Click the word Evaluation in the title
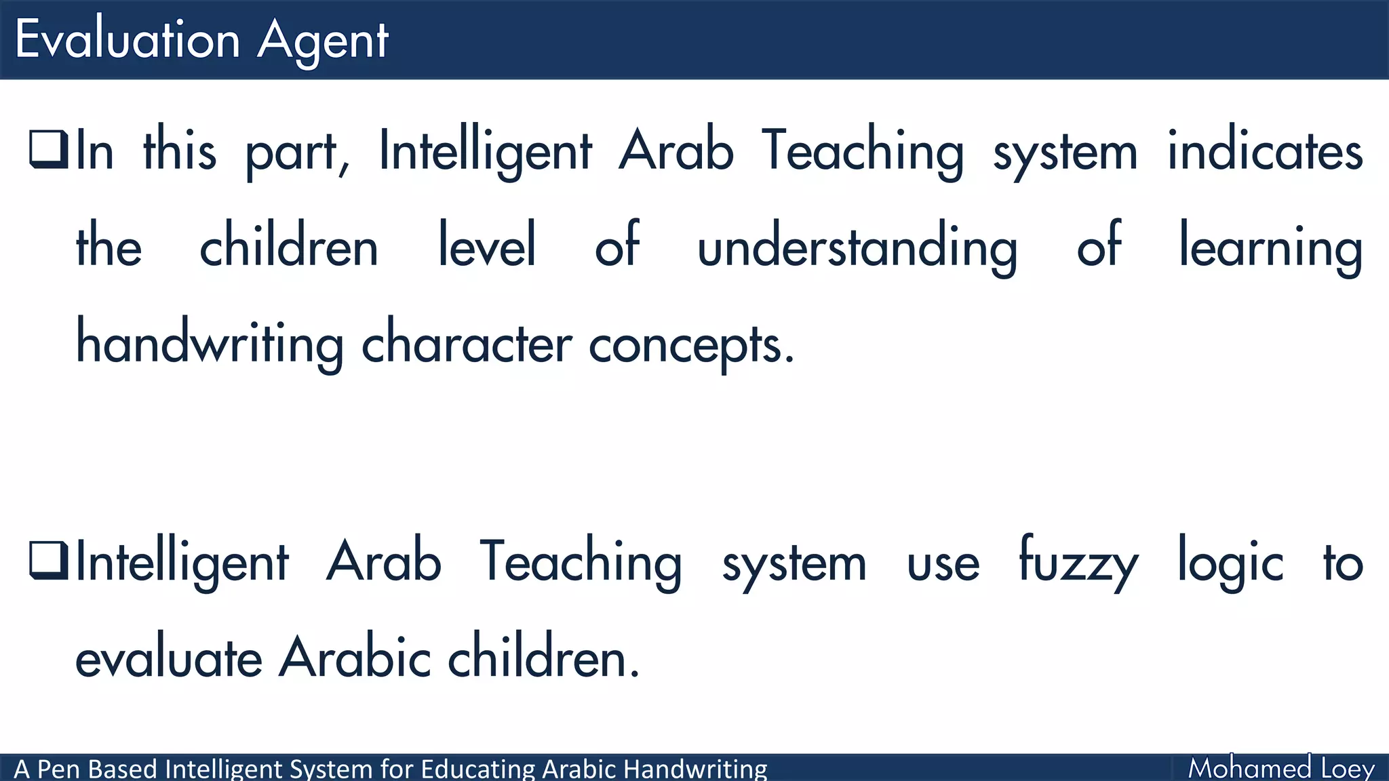coord(128,39)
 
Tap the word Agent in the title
coord(323,41)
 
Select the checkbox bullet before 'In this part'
coord(49,149)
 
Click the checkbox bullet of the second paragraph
coord(49,561)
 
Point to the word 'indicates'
coord(1265,151)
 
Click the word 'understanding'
coord(857,247)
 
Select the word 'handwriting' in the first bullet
coord(210,344)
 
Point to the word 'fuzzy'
coord(1078,563)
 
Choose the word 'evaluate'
coord(168,658)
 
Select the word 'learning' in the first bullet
coord(1270,247)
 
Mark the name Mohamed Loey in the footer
coord(1280,768)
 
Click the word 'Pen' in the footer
coord(59,769)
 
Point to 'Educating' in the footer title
coord(478,769)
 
